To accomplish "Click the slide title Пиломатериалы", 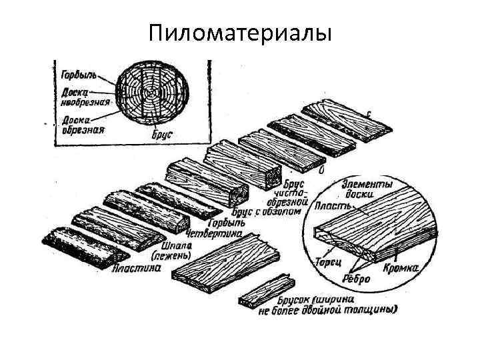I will [x=240, y=33].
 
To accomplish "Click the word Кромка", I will [x=401, y=269].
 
